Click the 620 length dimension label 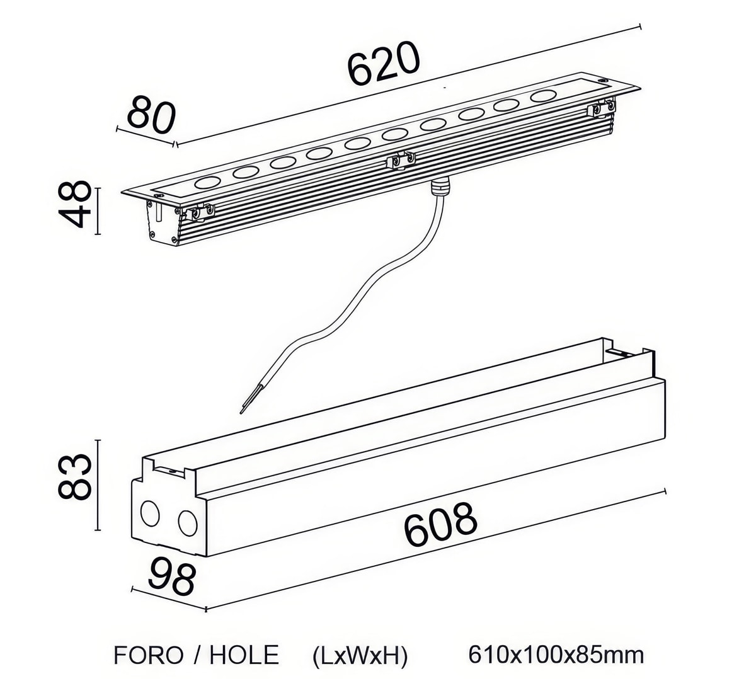click(x=383, y=63)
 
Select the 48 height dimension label click(x=74, y=204)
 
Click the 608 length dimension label click(x=440, y=524)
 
